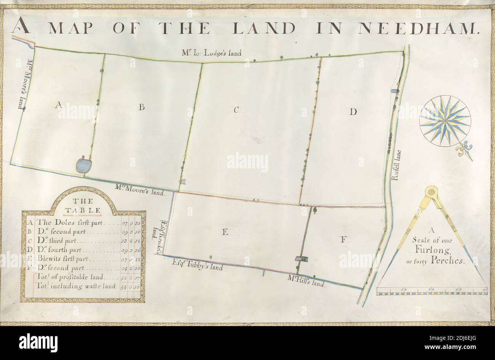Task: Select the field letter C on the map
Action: tap(236, 110)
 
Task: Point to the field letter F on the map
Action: tap(343, 239)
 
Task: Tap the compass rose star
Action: tap(445, 122)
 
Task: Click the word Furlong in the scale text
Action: tap(431, 250)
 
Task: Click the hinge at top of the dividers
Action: tap(431, 192)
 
